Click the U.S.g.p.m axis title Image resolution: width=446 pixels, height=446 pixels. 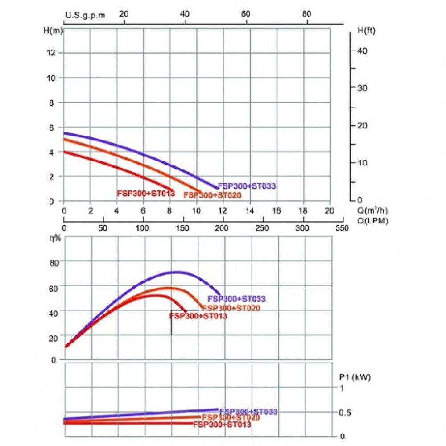coord(86,15)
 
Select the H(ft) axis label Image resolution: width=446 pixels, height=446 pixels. coord(367,31)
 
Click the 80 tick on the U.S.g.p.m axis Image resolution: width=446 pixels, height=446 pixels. coord(306,14)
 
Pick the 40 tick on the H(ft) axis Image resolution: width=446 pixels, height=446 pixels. coord(362,51)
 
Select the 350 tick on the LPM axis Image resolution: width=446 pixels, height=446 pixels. coord(342,228)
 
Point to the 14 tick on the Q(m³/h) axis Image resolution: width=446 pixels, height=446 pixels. coord(250,211)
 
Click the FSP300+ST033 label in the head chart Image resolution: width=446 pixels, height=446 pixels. coord(246,186)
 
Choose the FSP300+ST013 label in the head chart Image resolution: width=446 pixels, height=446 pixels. coord(145,194)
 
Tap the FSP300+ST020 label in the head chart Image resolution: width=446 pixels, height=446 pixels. coord(212,195)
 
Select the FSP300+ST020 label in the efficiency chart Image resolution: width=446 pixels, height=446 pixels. coord(231,308)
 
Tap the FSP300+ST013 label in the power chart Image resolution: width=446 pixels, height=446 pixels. coord(222,425)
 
